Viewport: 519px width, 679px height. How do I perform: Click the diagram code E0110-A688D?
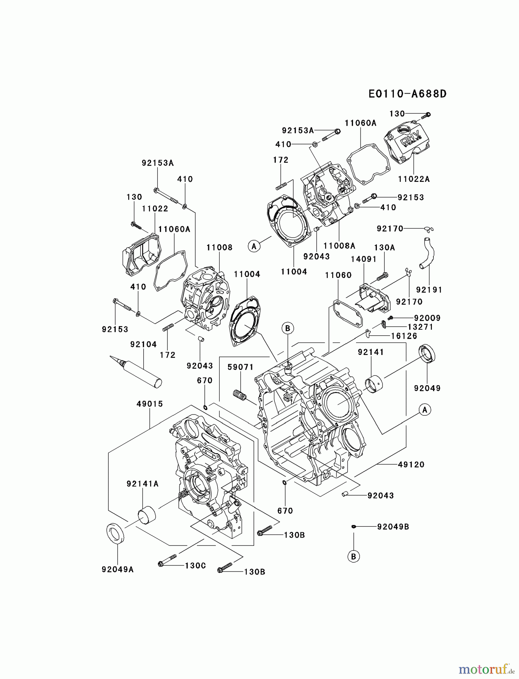[x=407, y=94]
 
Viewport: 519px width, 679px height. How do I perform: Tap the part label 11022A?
[x=414, y=179]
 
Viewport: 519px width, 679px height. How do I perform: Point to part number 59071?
[x=240, y=367]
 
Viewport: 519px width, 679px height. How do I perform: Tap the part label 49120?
[x=411, y=465]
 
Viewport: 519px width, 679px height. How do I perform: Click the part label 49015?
[x=150, y=404]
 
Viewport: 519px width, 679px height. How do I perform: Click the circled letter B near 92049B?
[x=354, y=556]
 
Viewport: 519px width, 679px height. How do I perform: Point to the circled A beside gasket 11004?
[x=254, y=246]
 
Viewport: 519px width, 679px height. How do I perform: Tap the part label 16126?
[x=404, y=336]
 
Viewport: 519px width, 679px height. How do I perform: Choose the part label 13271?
[x=420, y=327]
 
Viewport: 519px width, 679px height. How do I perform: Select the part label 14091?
[x=364, y=259]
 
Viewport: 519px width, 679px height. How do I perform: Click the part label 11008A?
[x=339, y=246]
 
